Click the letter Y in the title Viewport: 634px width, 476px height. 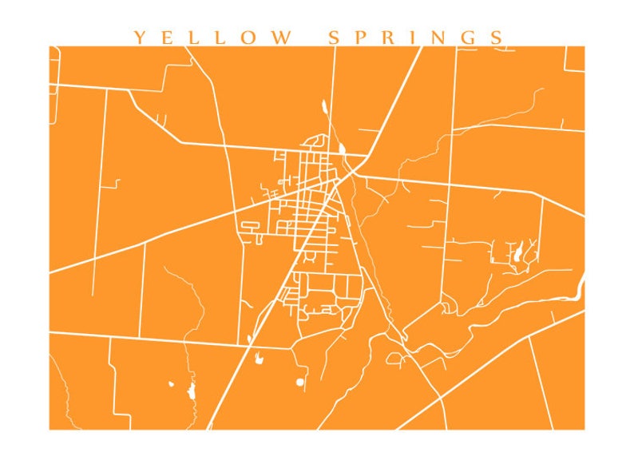point(140,38)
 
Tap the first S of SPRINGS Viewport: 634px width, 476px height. point(335,38)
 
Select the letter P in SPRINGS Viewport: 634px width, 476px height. point(360,38)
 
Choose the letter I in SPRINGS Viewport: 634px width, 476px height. point(413,38)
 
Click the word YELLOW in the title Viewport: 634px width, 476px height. point(211,38)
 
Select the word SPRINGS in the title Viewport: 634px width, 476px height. point(416,38)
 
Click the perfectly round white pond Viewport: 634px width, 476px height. point(300,383)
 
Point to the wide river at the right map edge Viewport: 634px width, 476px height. point(581,284)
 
